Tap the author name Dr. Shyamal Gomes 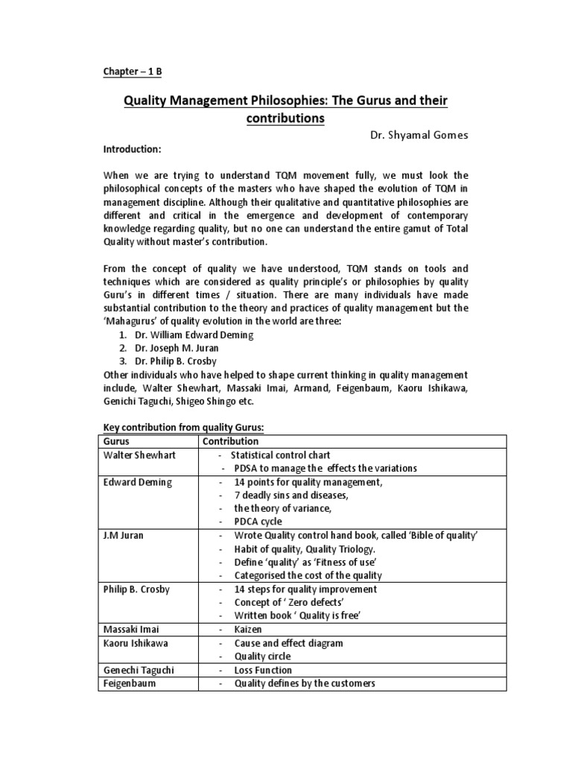419,136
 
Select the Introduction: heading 132,149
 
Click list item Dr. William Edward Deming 194,335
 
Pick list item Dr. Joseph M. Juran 183,348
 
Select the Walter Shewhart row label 138,455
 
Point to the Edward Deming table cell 138,482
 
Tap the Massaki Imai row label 131,630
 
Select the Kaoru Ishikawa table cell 135,643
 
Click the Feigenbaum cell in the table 130,683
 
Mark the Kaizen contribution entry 250,630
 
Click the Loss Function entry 263,670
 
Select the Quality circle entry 262,656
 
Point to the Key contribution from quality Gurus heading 183,427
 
